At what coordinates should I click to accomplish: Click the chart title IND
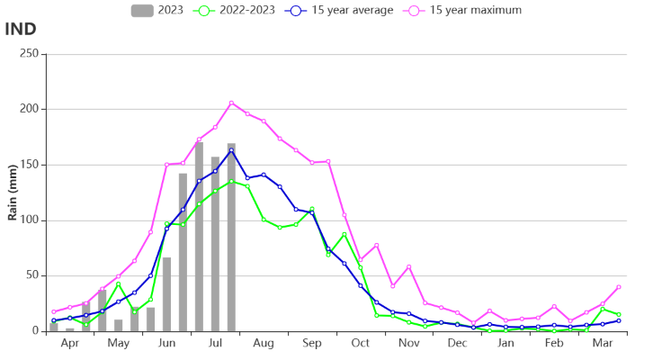point(21,29)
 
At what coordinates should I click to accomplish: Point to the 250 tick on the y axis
point(29,54)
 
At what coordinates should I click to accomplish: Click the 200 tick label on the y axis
point(29,109)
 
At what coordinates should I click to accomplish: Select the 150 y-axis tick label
point(29,165)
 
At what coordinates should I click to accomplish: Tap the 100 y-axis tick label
point(29,220)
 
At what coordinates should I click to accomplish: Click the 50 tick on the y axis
point(31,276)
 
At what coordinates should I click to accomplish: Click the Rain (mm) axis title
point(13,193)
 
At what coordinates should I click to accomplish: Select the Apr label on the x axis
point(69,344)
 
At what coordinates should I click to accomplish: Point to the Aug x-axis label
point(264,344)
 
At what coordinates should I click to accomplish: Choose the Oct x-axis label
point(360,344)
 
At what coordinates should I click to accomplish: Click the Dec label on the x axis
point(457,344)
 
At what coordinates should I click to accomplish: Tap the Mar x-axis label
point(603,344)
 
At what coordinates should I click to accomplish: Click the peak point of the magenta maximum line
point(231,103)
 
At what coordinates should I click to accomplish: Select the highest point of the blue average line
point(231,150)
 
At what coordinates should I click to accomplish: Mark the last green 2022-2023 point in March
point(619,314)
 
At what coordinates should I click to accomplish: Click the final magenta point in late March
point(619,287)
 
